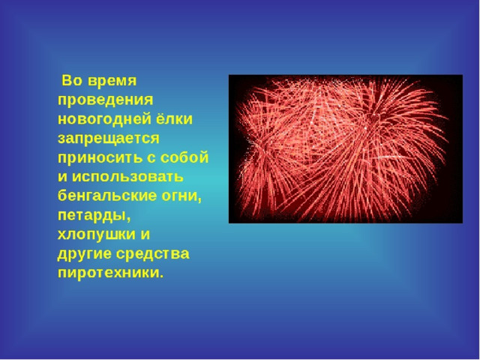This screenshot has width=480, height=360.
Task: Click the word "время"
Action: pyautogui.click(x=112, y=82)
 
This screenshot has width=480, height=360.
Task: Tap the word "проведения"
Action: pyautogui.click(x=106, y=100)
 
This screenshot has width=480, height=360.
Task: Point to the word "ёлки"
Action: pyautogui.click(x=175, y=118)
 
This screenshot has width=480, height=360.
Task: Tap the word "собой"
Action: pyautogui.click(x=184, y=157)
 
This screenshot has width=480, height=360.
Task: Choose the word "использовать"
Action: pyautogui.click(x=127, y=177)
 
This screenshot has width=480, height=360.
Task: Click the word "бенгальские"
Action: pyautogui.click(x=107, y=196)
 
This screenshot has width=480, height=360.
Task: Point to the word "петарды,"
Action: pyautogui.click(x=94, y=216)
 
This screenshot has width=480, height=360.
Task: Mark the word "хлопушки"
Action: pyautogui.click(x=97, y=235)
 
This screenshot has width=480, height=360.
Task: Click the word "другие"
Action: pyautogui.click(x=84, y=254)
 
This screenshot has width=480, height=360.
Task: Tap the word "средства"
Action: pyautogui.click(x=153, y=253)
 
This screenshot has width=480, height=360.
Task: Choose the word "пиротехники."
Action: pyautogui.click(x=111, y=273)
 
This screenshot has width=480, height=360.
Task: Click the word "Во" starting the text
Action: pyautogui.click(x=72, y=80)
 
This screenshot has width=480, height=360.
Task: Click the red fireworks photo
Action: pyautogui.click(x=346, y=149)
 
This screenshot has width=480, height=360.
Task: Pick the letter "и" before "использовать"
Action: pyautogui.click(x=62, y=177)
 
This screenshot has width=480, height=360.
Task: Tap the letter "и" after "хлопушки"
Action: pyautogui.click(x=145, y=235)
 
